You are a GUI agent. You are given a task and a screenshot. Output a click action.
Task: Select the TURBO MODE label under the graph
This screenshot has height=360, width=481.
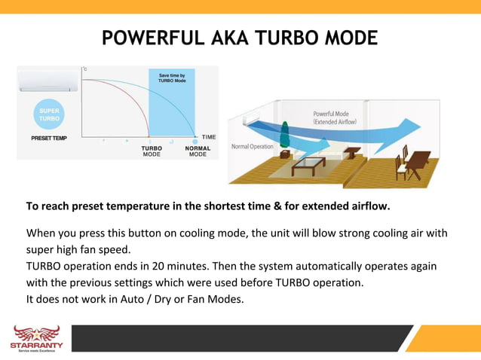152,151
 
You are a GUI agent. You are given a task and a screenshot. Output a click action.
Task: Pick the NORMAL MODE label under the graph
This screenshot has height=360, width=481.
197,151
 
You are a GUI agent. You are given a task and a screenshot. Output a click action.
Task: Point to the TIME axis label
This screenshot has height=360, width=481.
209,136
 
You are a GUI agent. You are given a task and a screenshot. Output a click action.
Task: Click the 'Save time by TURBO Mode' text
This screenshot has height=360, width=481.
172,78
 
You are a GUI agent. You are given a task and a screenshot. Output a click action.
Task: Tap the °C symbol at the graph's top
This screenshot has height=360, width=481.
84,69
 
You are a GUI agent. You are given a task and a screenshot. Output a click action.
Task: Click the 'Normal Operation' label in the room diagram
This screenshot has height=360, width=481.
252,146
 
